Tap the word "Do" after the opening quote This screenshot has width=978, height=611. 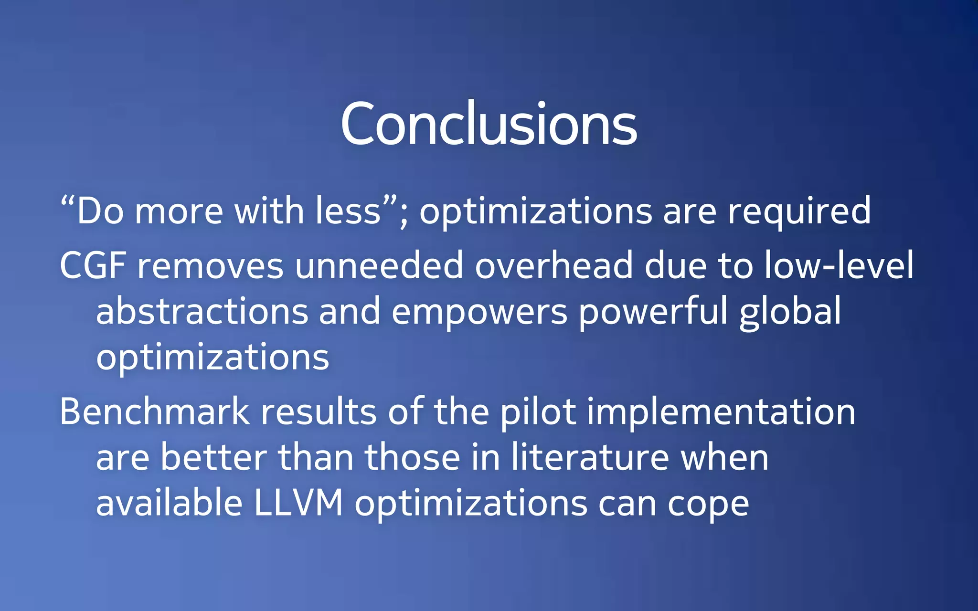click(100, 211)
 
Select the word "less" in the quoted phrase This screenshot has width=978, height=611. click(348, 211)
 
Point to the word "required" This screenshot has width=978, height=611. click(799, 211)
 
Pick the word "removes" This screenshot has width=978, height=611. click(210, 265)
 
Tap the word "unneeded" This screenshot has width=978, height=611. click(379, 265)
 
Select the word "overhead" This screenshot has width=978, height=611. click(553, 265)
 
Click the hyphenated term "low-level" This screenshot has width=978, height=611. click(839, 265)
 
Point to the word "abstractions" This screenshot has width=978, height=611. click(202, 311)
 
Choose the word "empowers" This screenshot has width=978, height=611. click(479, 311)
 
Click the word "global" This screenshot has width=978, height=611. click(790, 311)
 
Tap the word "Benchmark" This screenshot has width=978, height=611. click(154, 411)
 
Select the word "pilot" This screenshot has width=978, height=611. click(538, 411)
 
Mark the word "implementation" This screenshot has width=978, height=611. click(721, 411)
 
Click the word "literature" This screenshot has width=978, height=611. click(590, 457)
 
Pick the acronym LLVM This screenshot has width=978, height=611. click(298, 503)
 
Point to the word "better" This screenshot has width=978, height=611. click(213, 457)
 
